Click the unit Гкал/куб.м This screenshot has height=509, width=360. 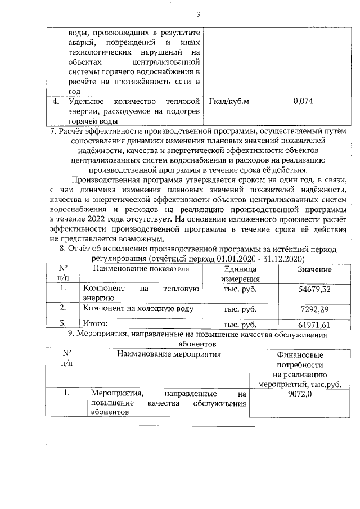(x=228, y=101)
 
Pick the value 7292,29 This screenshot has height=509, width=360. (x=316, y=309)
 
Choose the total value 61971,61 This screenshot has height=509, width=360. (x=314, y=325)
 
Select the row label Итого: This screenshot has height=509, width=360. (x=95, y=324)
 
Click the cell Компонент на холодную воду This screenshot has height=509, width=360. (x=138, y=308)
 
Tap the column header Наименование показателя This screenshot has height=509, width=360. (x=141, y=269)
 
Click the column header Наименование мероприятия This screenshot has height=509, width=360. (x=169, y=354)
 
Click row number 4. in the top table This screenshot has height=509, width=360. (x=56, y=102)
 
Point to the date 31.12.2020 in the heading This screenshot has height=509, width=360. (x=285, y=259)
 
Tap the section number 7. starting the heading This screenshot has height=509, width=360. (x=53, y=132)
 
